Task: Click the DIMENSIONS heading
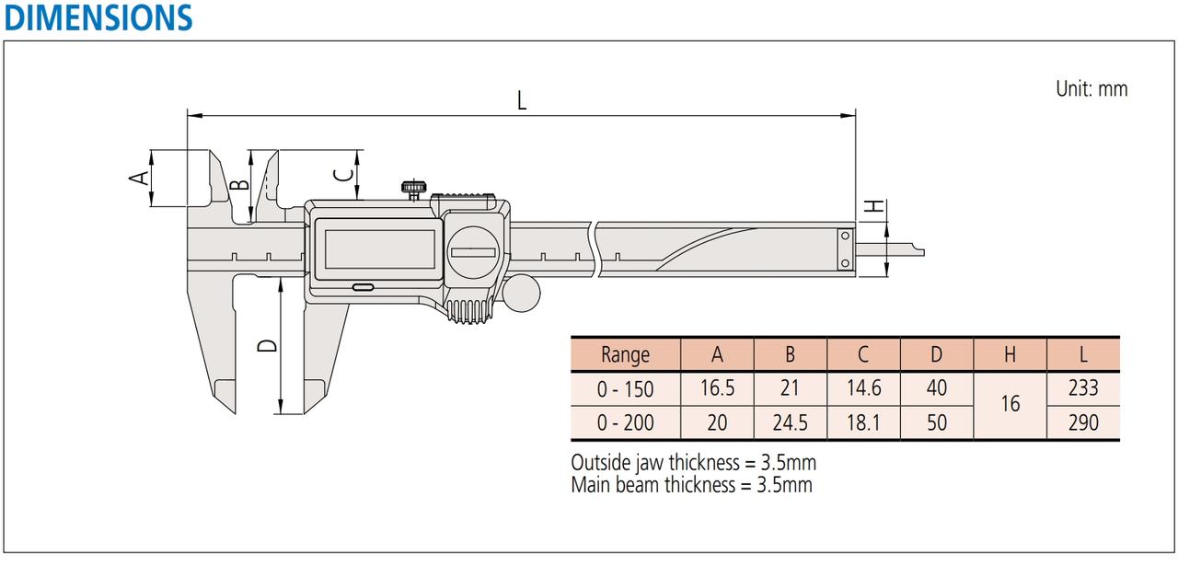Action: pos(98,17)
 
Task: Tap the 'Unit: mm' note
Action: pos(1091,89)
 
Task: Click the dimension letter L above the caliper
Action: pos(522,100)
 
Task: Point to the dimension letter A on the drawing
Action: pos(139,178)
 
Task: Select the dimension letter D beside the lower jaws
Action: pos(267,345)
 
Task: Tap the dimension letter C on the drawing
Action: pos(343,174)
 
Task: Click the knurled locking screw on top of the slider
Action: pos(414,190)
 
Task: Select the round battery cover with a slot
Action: pos(473,252)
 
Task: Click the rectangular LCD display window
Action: pos(380,249)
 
